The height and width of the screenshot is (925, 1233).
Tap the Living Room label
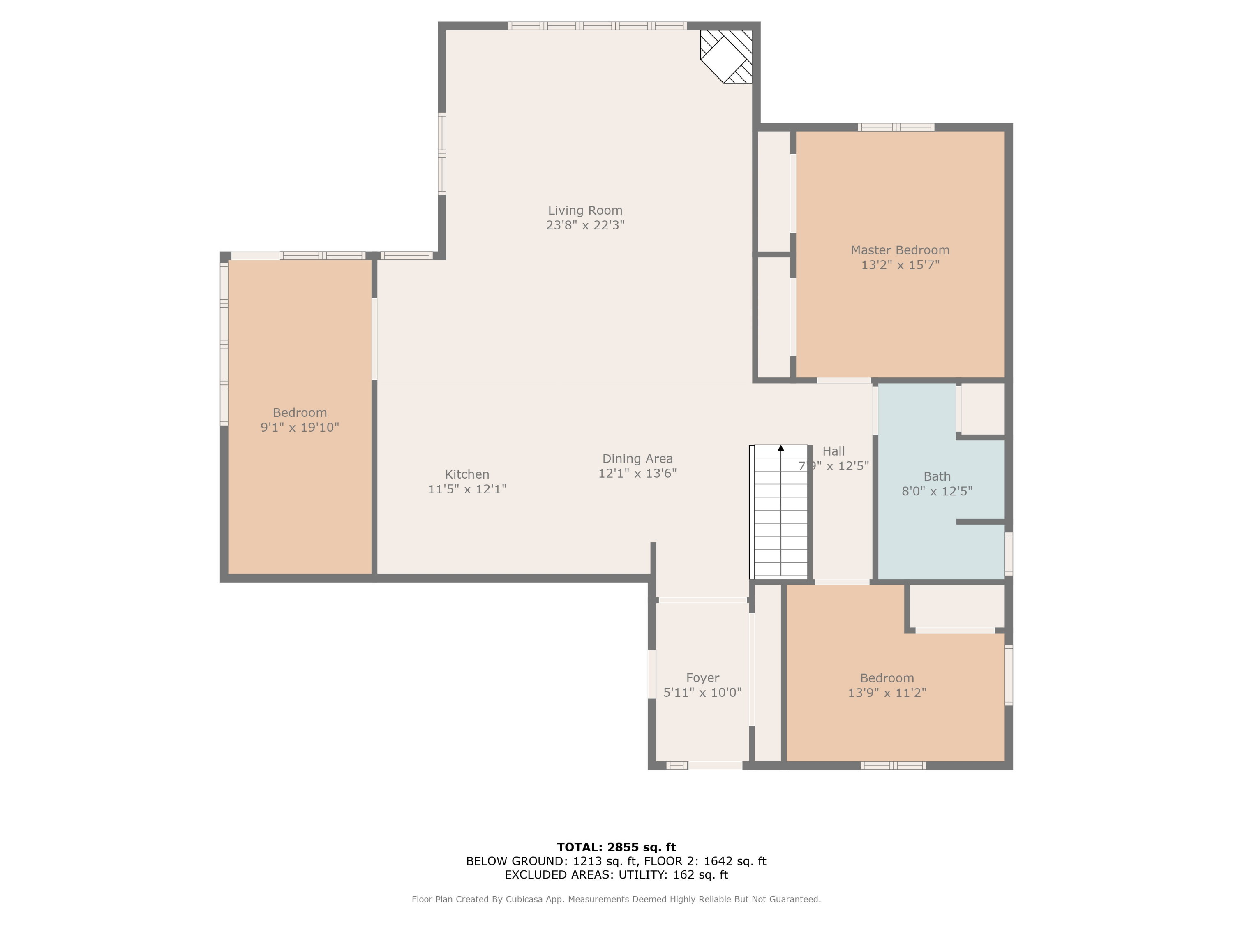tap(585, 210)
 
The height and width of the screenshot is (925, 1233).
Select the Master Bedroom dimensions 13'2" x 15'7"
tap(900, 265)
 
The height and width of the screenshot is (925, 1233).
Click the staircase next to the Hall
tap(780, 512)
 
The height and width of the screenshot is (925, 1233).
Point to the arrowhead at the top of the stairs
tap(781, 448)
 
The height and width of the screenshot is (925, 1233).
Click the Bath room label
tap(936, 476)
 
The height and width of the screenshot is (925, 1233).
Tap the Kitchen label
tap(466, 474)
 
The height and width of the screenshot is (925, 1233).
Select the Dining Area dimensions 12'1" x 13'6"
tap(637, 473)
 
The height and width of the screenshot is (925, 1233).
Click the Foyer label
tap(702, 678)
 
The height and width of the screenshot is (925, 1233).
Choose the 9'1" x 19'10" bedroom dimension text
tap(299, 428)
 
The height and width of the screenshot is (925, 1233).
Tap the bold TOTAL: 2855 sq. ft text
tap(616, 847)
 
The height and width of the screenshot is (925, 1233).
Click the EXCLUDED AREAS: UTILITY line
tap(616, 874)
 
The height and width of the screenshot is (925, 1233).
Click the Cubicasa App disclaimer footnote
tap(616, 899)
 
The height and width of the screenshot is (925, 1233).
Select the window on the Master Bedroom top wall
tap(896, 127)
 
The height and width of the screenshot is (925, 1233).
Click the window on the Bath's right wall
tap(1008, 554)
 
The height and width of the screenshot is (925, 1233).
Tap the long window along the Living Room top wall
tap(597, 25)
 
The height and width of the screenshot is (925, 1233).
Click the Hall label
tap(834, 451)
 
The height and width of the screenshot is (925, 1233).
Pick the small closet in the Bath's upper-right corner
tap(983, 408)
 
